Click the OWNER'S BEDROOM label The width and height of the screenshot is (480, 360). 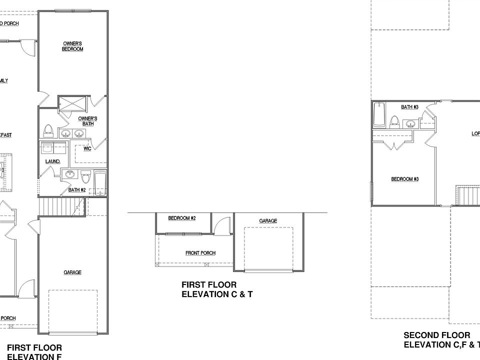click(72, 46)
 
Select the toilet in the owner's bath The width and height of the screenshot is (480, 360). click(48, 131)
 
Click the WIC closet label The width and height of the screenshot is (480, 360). click(87, 148)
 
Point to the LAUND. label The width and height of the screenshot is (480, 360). click(52, 161)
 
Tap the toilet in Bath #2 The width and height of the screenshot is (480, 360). click(85, 177)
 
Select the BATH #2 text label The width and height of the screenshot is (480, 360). click(77, 190)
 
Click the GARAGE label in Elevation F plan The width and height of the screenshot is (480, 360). click(72, 272)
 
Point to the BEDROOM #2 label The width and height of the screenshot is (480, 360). click(181, 219)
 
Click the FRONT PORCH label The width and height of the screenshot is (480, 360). click(200, 253)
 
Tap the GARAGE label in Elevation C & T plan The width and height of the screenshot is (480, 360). click(268, 220)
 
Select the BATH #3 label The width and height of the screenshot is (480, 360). click(409, 107)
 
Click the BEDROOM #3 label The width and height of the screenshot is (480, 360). click(404, 179)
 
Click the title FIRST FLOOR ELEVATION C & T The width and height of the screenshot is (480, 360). click(217, 289)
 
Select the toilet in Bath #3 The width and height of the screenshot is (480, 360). click(394, 121)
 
